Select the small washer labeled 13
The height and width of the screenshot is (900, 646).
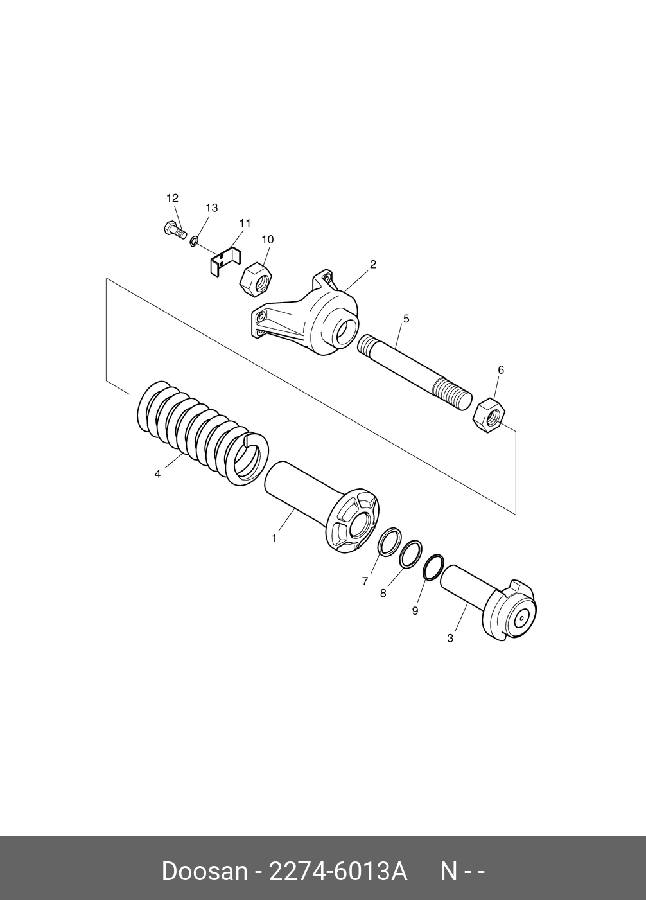(193, 242)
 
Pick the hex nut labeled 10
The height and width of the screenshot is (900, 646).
(256, 278)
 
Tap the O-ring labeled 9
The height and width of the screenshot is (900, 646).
(433, 567)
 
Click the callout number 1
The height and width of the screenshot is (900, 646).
(274, 538)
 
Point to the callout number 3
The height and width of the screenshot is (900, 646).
(450, 638)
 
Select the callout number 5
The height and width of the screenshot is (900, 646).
(406, 319)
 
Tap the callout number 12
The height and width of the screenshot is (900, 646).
(172, 198)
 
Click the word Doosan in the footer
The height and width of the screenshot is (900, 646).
(204, 872)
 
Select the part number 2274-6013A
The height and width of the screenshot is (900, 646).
(337, 872)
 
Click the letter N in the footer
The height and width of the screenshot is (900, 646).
(448, 872)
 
